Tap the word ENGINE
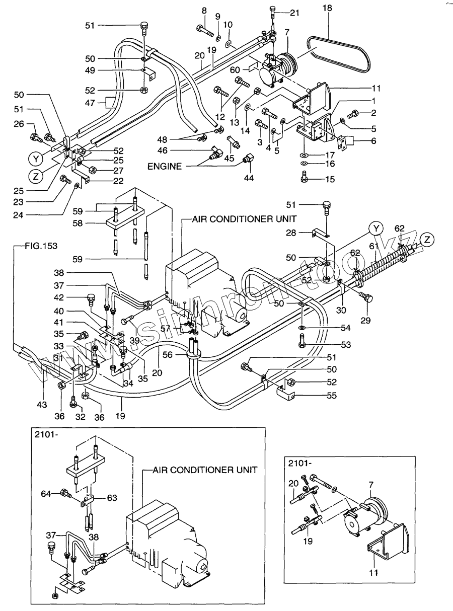coord(165,166)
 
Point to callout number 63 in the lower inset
coord(112,498)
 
